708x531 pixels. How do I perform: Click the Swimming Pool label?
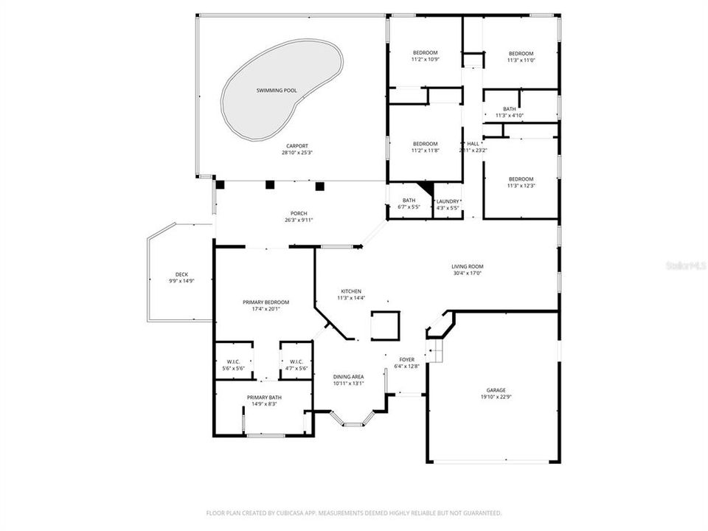pyautogui.click(x=277, y=91)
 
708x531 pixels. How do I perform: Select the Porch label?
pyautogui.click(x=297, y=213)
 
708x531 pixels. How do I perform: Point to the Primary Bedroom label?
pyautogui.click(x=266, y=302)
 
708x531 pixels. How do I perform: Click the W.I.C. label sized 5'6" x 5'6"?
pyautogui.click(x=232, y=361)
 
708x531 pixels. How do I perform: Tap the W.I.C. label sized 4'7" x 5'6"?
pyautogui.click(x=296, y=361)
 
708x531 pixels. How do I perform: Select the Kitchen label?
pyautogui.click(x=350, y=291)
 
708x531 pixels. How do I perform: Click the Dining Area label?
pyautogui.click(x=348, y=376)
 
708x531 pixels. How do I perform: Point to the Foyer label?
pyautogui.click(x=406, y=359)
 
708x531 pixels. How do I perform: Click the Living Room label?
pyautogui.click(x=468, y=266)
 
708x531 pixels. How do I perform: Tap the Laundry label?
pyautogui.click(x=448, y=201)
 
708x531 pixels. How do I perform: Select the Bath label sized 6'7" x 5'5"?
pyautogui.click(x=409, y=201)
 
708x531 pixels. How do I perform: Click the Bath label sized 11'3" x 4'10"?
pyautogui.click(x=510, y=108)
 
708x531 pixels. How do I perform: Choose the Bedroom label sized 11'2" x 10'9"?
pyautogui.click(x=425, y=52)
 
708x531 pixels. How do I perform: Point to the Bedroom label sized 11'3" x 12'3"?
pyautogui.click(x=521, y=178)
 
